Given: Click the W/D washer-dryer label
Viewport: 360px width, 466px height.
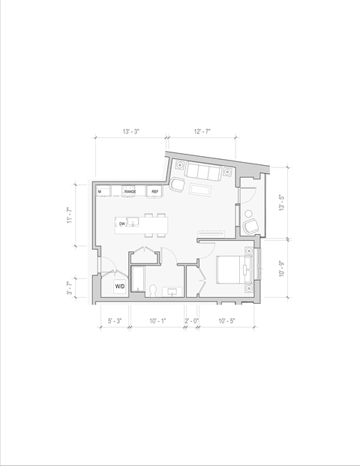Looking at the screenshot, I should (x=119, y=287).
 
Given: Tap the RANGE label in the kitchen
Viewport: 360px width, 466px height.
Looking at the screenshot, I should (x=130, y=192).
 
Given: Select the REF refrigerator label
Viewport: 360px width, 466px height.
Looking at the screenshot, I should (x=155, y=192).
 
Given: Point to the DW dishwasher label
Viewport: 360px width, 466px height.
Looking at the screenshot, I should (x=121, y=224).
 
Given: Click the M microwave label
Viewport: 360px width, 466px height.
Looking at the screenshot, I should (x=100, y=192).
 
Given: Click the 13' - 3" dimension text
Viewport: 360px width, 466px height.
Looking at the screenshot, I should (x=130, y=131).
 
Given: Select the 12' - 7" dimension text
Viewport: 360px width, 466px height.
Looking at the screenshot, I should (x=201, y=131).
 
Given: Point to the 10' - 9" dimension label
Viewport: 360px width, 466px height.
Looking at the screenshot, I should (x=281, y=269).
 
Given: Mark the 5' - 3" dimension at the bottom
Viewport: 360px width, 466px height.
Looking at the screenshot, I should (x=114, y=321).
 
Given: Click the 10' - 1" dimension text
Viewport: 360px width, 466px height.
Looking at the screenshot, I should (x=157, y=321).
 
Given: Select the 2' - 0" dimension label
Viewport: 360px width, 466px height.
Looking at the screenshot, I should (x=191, y=321).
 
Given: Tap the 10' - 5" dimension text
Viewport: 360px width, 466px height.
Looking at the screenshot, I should (x=227, y=321).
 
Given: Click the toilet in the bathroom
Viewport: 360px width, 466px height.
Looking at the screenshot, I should (x=153, y=290).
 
